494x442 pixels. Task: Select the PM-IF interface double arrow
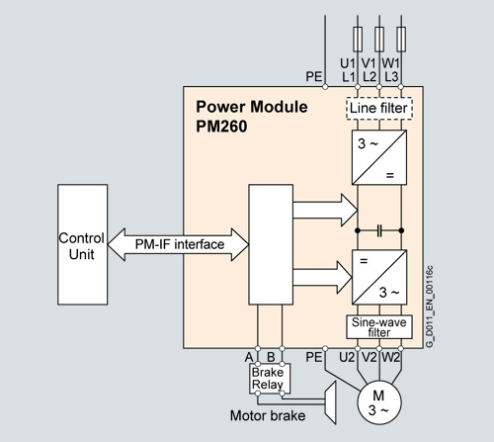point(178,244)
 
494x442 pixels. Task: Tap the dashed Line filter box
point(379,108)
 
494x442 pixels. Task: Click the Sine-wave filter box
point(379,327)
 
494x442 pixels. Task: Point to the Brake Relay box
point(270,379)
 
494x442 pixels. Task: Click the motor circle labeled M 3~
point(379,402)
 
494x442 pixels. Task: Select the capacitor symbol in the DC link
point(379,230)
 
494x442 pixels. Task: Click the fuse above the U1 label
point(358,40)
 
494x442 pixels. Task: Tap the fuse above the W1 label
point(401,40)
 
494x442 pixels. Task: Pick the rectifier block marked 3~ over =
point(379,157)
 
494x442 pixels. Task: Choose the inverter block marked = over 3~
point(379,277)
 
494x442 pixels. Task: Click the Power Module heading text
point(252,107)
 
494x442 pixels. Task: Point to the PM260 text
point(221,127)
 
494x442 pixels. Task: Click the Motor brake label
point(268,415)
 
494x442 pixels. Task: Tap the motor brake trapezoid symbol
point(330,402)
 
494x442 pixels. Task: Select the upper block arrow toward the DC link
point(325,210)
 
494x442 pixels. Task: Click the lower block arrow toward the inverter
point(323,277)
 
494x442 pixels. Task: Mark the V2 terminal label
point(369,357)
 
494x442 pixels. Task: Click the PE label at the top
point(314,77)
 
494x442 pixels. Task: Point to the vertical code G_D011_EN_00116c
point(430,307)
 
